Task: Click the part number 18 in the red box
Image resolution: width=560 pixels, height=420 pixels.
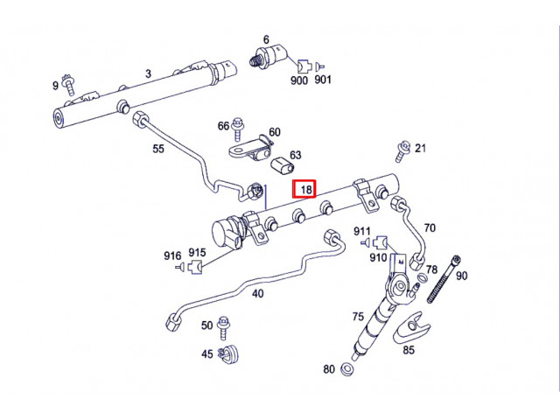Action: [x=306, y=189]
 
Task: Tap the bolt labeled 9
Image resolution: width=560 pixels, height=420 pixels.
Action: [x=68, y=85]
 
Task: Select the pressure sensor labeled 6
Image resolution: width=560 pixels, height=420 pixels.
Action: [x=268, y=55]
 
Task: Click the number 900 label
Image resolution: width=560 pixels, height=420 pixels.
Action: [x=299, y=80]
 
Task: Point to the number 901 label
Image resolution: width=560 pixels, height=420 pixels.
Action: [x=323, y=80]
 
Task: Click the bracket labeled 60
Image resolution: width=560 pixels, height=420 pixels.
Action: [x=251, y=149]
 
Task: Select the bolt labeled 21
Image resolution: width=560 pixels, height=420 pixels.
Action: [x=402, y=151]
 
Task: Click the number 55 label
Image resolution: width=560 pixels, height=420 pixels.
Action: [x=158, y=149]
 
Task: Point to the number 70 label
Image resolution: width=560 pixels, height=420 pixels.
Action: [x=430, y=227]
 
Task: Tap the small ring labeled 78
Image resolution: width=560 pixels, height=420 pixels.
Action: [x=422, y=277]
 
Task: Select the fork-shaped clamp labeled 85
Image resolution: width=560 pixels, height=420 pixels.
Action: [x=410, y=327]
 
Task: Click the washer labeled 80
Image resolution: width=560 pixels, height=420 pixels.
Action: [x=346, y=369]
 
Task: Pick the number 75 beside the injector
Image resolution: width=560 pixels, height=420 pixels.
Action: [x=358, y=317]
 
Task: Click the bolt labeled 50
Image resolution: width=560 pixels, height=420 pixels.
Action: [x=224, y=327]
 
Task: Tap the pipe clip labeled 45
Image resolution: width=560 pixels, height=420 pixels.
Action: [x=228, y=354]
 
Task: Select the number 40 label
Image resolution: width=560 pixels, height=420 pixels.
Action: [x=258, y=294]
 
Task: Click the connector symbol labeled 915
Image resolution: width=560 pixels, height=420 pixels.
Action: [x=196, y=266]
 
